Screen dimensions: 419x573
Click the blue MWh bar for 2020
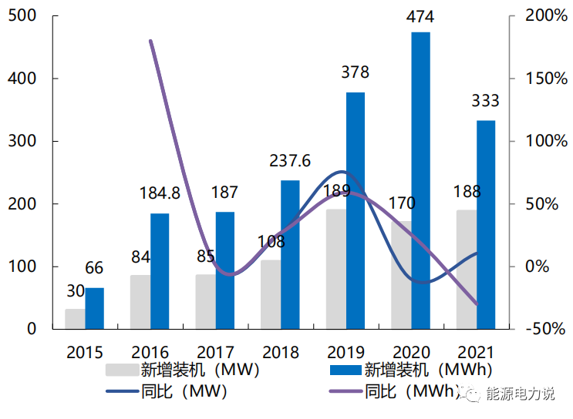[420, 181]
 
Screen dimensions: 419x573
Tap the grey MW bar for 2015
[75, 319]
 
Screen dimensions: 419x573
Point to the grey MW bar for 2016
[140, 302]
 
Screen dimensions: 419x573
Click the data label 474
[421, 17]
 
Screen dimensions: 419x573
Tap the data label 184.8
[159, 193]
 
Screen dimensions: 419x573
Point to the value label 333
[486, 101]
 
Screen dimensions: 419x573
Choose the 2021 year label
[476, 353]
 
